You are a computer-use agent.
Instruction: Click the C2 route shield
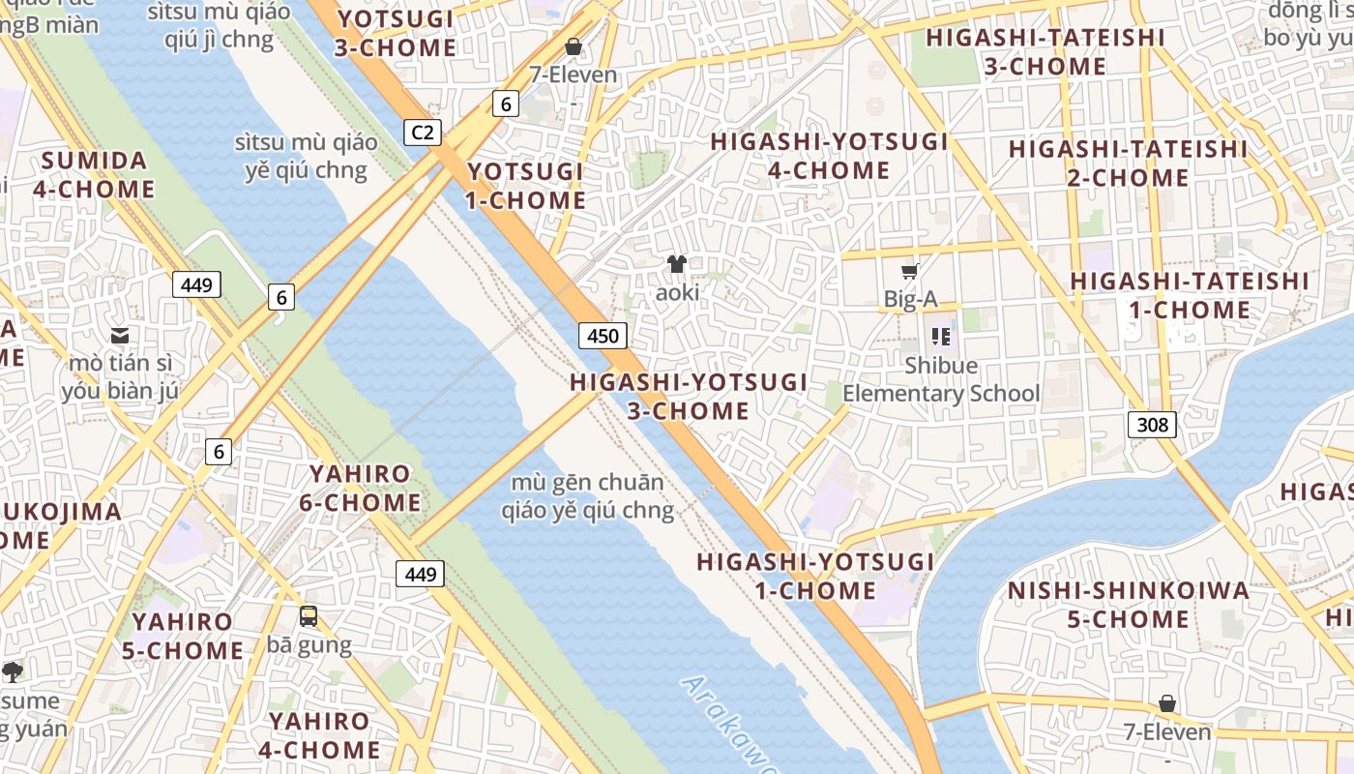(x=422, y=133)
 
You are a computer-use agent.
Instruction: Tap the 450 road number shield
(x=603, y=336)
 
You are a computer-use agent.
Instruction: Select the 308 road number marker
(x=1152, y=424)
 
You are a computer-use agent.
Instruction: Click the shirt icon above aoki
(x=677, y=263)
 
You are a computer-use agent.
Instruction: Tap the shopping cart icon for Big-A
(x=909, y=271)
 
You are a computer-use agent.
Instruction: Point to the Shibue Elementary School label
(x=941, y=379)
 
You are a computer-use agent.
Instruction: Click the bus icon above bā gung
(x=308, y=615)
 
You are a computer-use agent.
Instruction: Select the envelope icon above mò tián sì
(x=120, y=336)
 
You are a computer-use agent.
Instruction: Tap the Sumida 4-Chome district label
(x=94, y=174)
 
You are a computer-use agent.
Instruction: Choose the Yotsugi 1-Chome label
(x=526, y=186)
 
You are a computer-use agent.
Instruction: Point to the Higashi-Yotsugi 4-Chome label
(x=829, y=156)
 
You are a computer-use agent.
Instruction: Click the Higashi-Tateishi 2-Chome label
(x=1128, y=164)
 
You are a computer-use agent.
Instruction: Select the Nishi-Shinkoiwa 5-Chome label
(x=1128, y=605)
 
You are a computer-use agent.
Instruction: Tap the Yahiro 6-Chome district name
(x=359, y=489)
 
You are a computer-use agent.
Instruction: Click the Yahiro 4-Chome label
(x=319, y=735)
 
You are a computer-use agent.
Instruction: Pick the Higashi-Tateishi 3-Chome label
(x=1045, y=52)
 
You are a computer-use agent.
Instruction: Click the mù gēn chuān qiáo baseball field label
(x=587, y=496)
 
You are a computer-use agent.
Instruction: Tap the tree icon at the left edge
(x=13, y=671)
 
